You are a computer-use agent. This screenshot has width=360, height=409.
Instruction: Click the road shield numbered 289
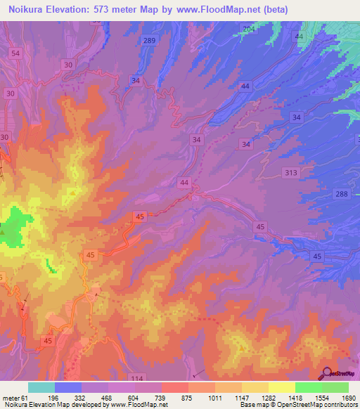click(x=148, y=41)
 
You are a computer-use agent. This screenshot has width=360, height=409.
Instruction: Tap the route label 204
click(x=248, y=29)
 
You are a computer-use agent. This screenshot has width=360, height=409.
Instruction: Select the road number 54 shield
click(x=16, y=53)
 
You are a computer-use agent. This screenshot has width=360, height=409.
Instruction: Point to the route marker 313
click(x=291, y=172)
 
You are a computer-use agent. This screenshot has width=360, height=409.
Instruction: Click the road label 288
click(x=342, y=193)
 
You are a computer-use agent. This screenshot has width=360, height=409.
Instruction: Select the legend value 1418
click(x=295, y=397)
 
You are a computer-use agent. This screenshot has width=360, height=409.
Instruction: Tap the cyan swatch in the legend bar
click(x=41, y=387)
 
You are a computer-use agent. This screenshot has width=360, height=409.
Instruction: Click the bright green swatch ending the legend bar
click(x=335, y=387)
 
